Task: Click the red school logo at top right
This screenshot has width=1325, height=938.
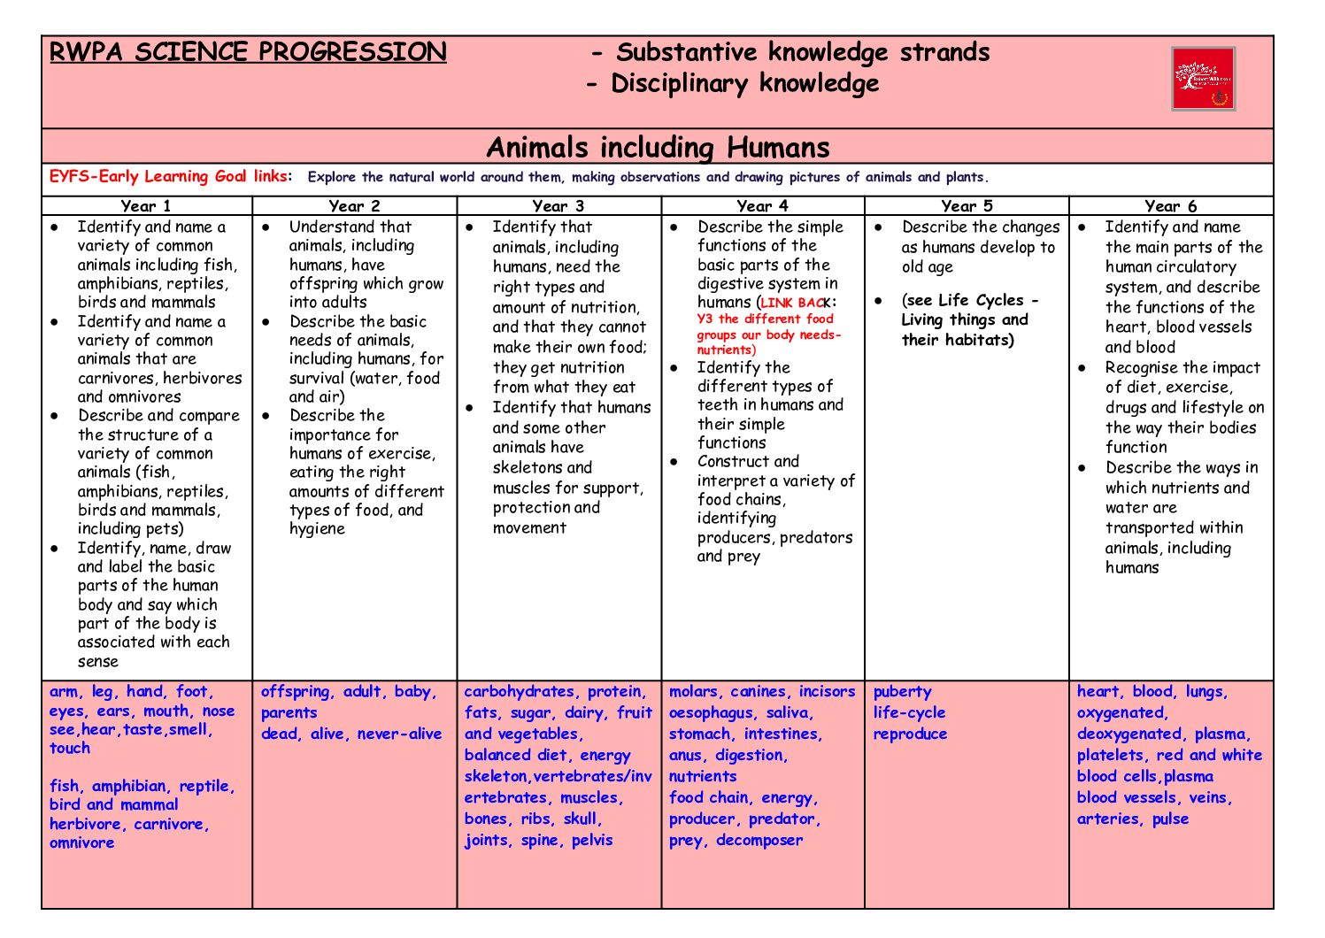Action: (x=1203, y=79)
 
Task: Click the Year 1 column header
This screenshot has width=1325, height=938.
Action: (x=146, y=206)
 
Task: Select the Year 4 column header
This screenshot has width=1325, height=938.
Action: (x=762, y=206)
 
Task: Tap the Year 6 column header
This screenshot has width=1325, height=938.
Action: (x=1170, y=206)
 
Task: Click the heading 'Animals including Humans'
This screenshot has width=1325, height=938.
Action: (x=658, y=147)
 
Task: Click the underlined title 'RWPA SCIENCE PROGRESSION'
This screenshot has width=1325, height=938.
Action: (x=248, y=52)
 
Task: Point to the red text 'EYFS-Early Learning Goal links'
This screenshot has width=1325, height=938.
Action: (x=168, y=176)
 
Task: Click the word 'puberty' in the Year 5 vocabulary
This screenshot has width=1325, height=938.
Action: (x=902, y=692)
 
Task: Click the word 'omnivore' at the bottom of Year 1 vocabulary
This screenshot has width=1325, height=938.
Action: (x=81, y=843)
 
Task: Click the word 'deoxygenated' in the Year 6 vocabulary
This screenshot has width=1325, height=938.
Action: (x=1129, y=734)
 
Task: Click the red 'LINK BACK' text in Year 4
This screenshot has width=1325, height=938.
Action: (x=794, y=303)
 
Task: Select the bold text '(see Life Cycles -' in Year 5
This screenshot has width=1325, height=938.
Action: (x=970, y=301)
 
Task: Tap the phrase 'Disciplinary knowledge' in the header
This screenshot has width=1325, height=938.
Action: (x=744, y=84)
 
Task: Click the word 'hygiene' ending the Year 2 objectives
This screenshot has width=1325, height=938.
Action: (x=317, y=529)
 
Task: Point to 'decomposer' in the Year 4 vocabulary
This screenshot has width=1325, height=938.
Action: (x=759, y=841)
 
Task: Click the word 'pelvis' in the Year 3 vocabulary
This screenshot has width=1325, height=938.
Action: (x=592, y=841)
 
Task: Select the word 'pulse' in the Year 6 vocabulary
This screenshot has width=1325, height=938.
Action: (x=1170, y=819)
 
